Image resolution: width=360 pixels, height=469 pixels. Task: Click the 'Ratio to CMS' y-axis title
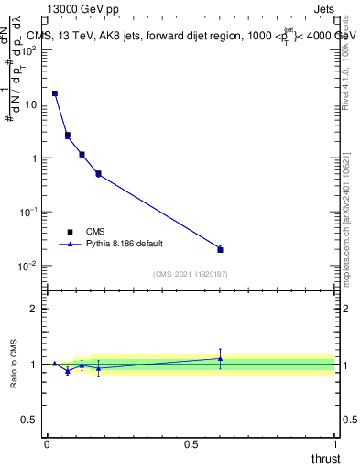pos(16,364)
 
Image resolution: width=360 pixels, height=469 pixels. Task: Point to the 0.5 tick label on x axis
pos(191,444)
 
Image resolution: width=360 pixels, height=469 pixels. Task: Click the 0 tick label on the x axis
pos(47,444)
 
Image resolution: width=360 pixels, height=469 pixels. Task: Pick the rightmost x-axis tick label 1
pos(334,444)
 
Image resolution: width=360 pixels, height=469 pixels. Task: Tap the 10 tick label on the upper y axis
pos(29,104)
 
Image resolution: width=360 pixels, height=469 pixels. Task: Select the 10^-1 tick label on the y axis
pos(27,211)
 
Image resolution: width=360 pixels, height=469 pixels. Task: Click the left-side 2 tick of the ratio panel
pos(35,309)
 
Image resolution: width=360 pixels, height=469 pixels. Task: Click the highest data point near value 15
pos(55,93)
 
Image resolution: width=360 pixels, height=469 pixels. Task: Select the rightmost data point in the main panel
pos(220,249)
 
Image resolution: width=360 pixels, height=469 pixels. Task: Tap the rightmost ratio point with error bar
pos(220,358)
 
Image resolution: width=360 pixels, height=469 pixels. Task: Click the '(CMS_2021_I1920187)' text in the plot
pos(190,274)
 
